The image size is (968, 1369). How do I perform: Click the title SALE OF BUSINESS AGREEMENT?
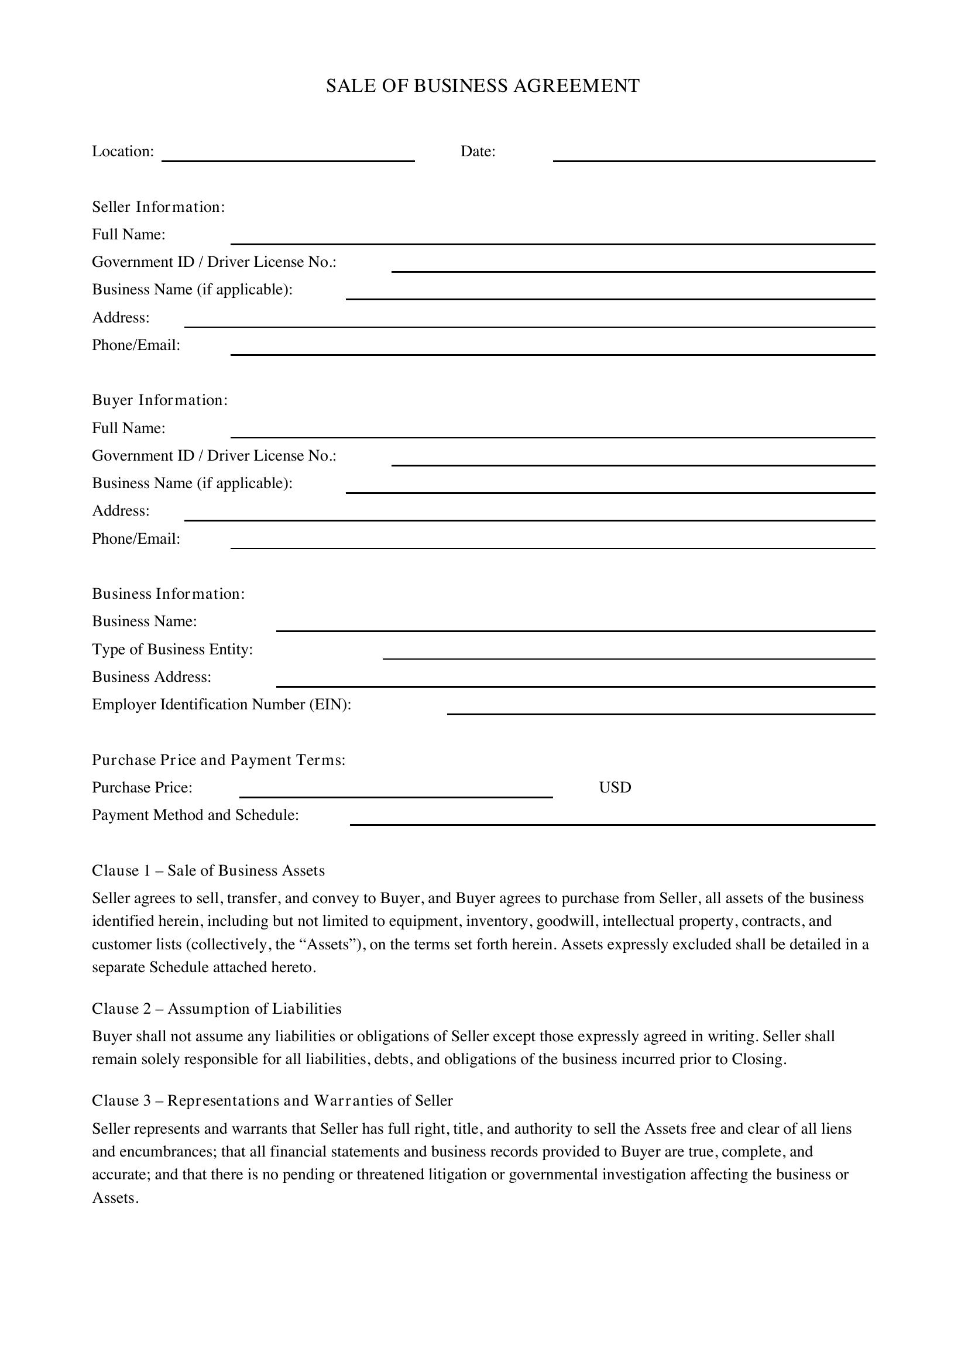pos(483,86)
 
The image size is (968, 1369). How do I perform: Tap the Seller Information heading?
pos(159,207)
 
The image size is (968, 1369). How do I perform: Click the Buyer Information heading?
pos(160,400)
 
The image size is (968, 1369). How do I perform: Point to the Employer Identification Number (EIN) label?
pos(221,705)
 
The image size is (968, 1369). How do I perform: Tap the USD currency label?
pos(615,788)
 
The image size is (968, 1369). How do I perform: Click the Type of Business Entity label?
pos(172,649)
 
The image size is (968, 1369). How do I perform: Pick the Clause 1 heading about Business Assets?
pos(208,871)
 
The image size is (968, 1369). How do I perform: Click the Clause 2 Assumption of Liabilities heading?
pos(217,1009)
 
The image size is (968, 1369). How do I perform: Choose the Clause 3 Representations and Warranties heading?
pos(272,1101)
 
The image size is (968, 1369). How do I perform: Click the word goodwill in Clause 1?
pos(567,921)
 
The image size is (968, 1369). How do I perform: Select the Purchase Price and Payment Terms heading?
pos(219,760)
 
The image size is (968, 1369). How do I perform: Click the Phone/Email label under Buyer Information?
pos(136,539)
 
